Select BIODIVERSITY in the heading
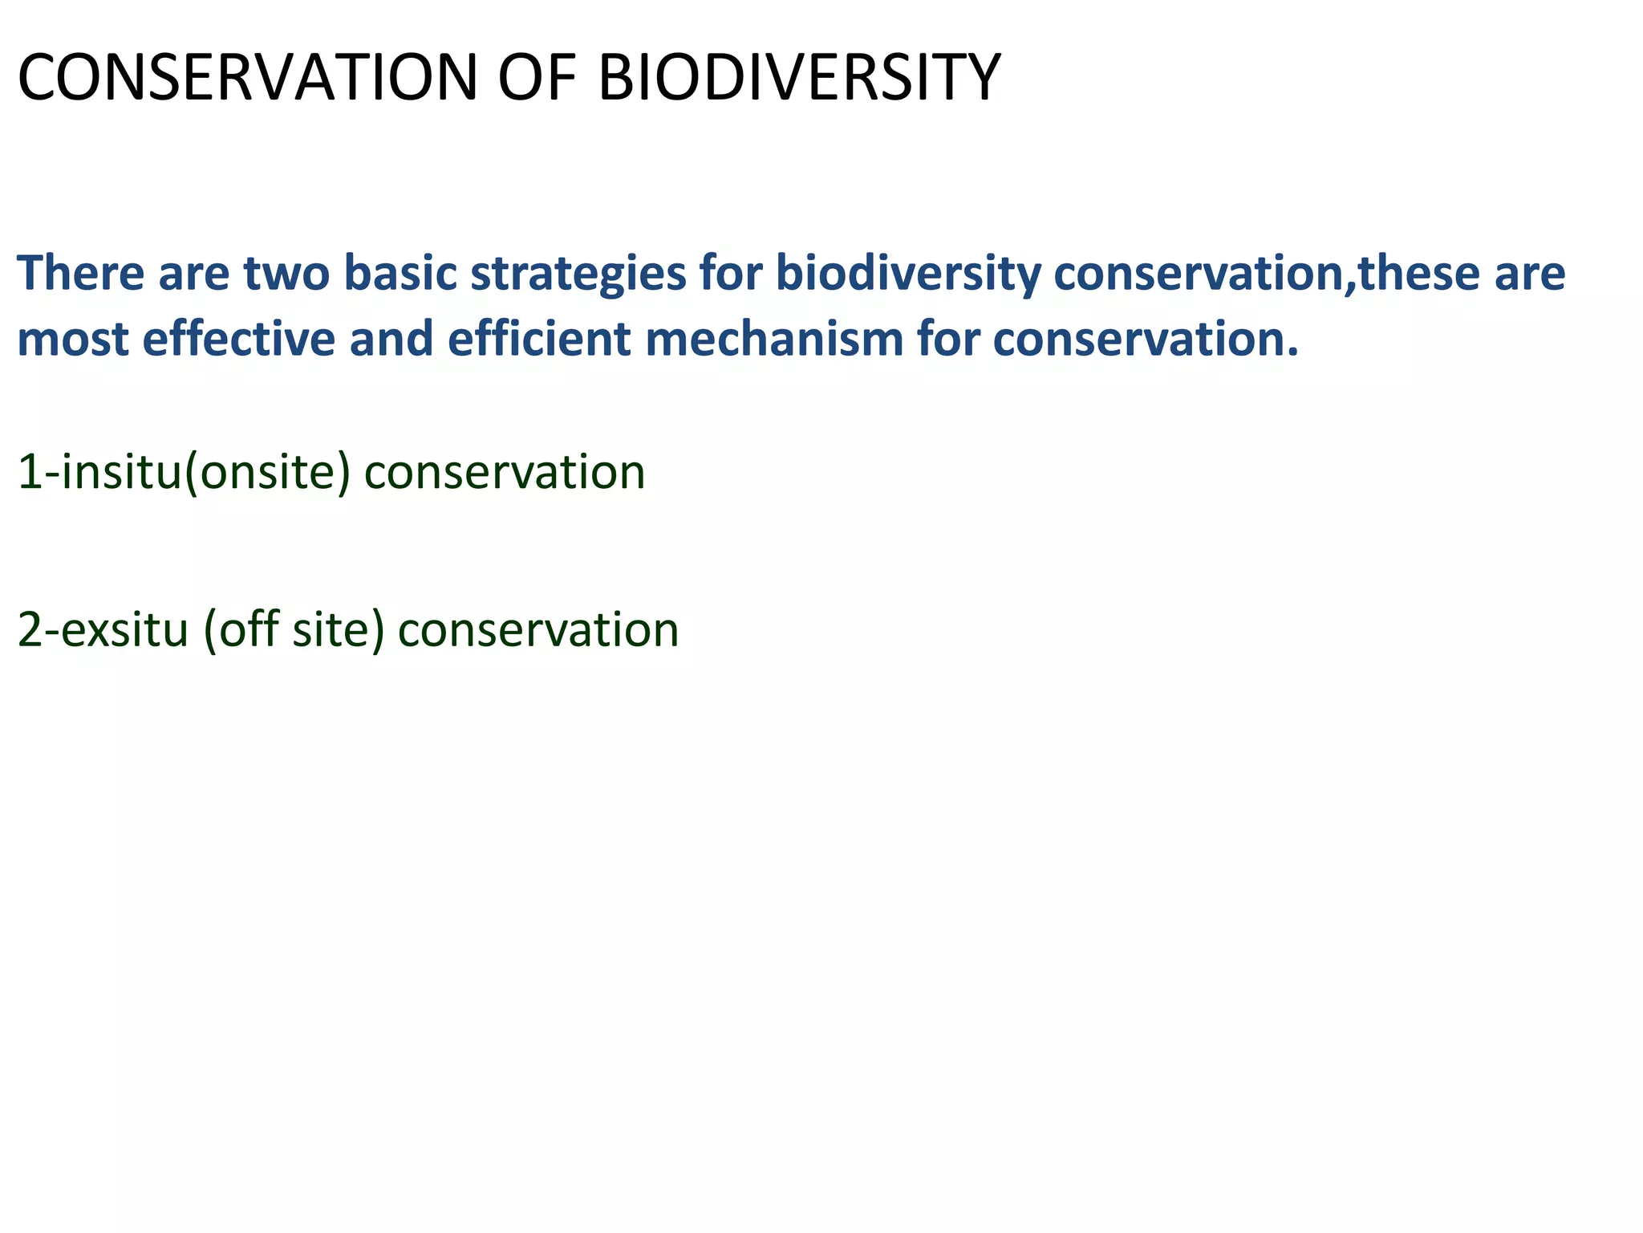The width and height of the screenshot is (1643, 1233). [799, 79]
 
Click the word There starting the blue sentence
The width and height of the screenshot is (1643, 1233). [80, 273]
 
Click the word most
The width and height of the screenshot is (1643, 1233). [73, 340]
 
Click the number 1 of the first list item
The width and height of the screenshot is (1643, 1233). [30, 472]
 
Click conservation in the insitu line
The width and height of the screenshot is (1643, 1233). [505, 472]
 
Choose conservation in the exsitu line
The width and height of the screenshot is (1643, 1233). [538, 630]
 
